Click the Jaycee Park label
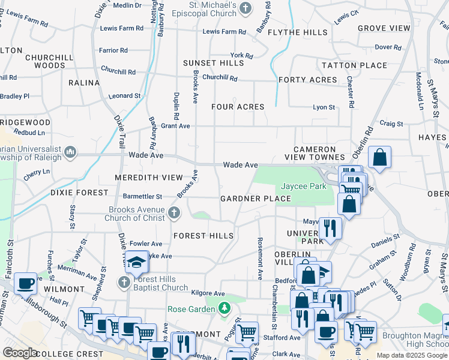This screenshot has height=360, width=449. coord(304,187)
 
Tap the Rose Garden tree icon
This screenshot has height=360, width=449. coord(224,309)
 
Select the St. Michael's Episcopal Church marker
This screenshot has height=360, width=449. coord(245,8)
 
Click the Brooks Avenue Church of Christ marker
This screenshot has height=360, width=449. coord(174,212)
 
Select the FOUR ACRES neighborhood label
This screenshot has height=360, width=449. coord(238,107)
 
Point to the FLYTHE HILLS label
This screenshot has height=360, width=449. coord(298,32)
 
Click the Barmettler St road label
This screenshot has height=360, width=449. coord(143,196)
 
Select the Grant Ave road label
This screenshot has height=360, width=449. coord(175,126)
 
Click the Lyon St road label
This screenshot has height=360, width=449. coord(323,107)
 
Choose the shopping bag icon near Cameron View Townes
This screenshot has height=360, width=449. coord(379,157)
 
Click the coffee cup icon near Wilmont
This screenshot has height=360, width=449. coord(26,283)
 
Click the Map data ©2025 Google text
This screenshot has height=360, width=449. coord(411,355)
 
